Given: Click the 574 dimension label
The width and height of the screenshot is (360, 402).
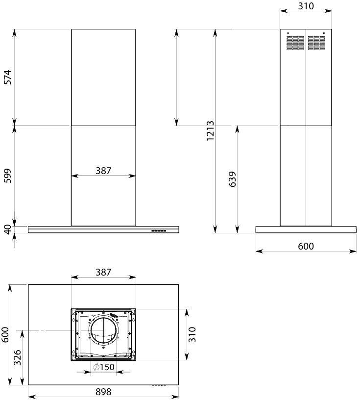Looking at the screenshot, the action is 8,77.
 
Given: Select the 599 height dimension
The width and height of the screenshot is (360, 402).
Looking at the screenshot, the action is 8,176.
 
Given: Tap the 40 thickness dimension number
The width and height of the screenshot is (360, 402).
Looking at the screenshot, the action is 8,229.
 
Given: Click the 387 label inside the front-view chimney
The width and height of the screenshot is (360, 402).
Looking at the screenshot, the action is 103,171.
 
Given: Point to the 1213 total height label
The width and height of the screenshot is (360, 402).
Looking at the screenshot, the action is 210,131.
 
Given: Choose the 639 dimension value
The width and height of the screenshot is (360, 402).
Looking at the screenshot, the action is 232,179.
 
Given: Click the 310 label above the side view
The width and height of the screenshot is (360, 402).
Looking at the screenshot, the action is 306,6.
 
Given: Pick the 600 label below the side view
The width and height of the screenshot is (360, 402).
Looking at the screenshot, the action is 306,246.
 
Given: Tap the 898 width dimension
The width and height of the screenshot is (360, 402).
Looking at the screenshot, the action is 103,392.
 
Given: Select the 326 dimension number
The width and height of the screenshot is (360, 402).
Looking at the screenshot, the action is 18,357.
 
